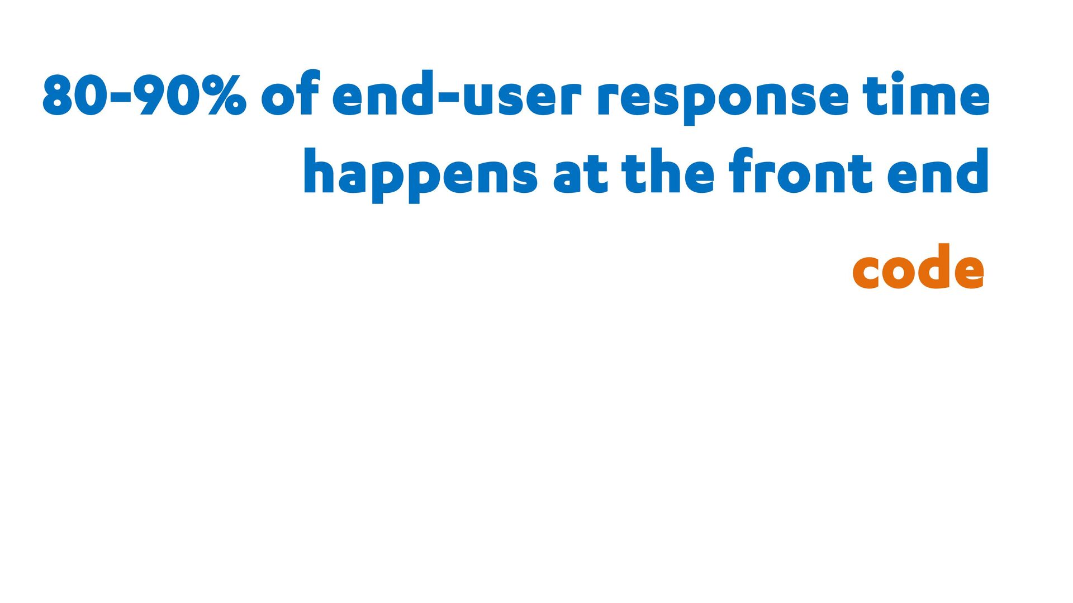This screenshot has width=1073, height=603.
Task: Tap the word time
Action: click(x=926, y=93)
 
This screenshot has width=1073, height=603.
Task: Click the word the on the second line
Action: click(x=668, y=171)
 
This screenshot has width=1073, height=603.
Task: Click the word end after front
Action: click(x=938, y=171)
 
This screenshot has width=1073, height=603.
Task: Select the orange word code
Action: click(x=918, y=267)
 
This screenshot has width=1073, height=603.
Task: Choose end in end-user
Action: click(x=383, y=93)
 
